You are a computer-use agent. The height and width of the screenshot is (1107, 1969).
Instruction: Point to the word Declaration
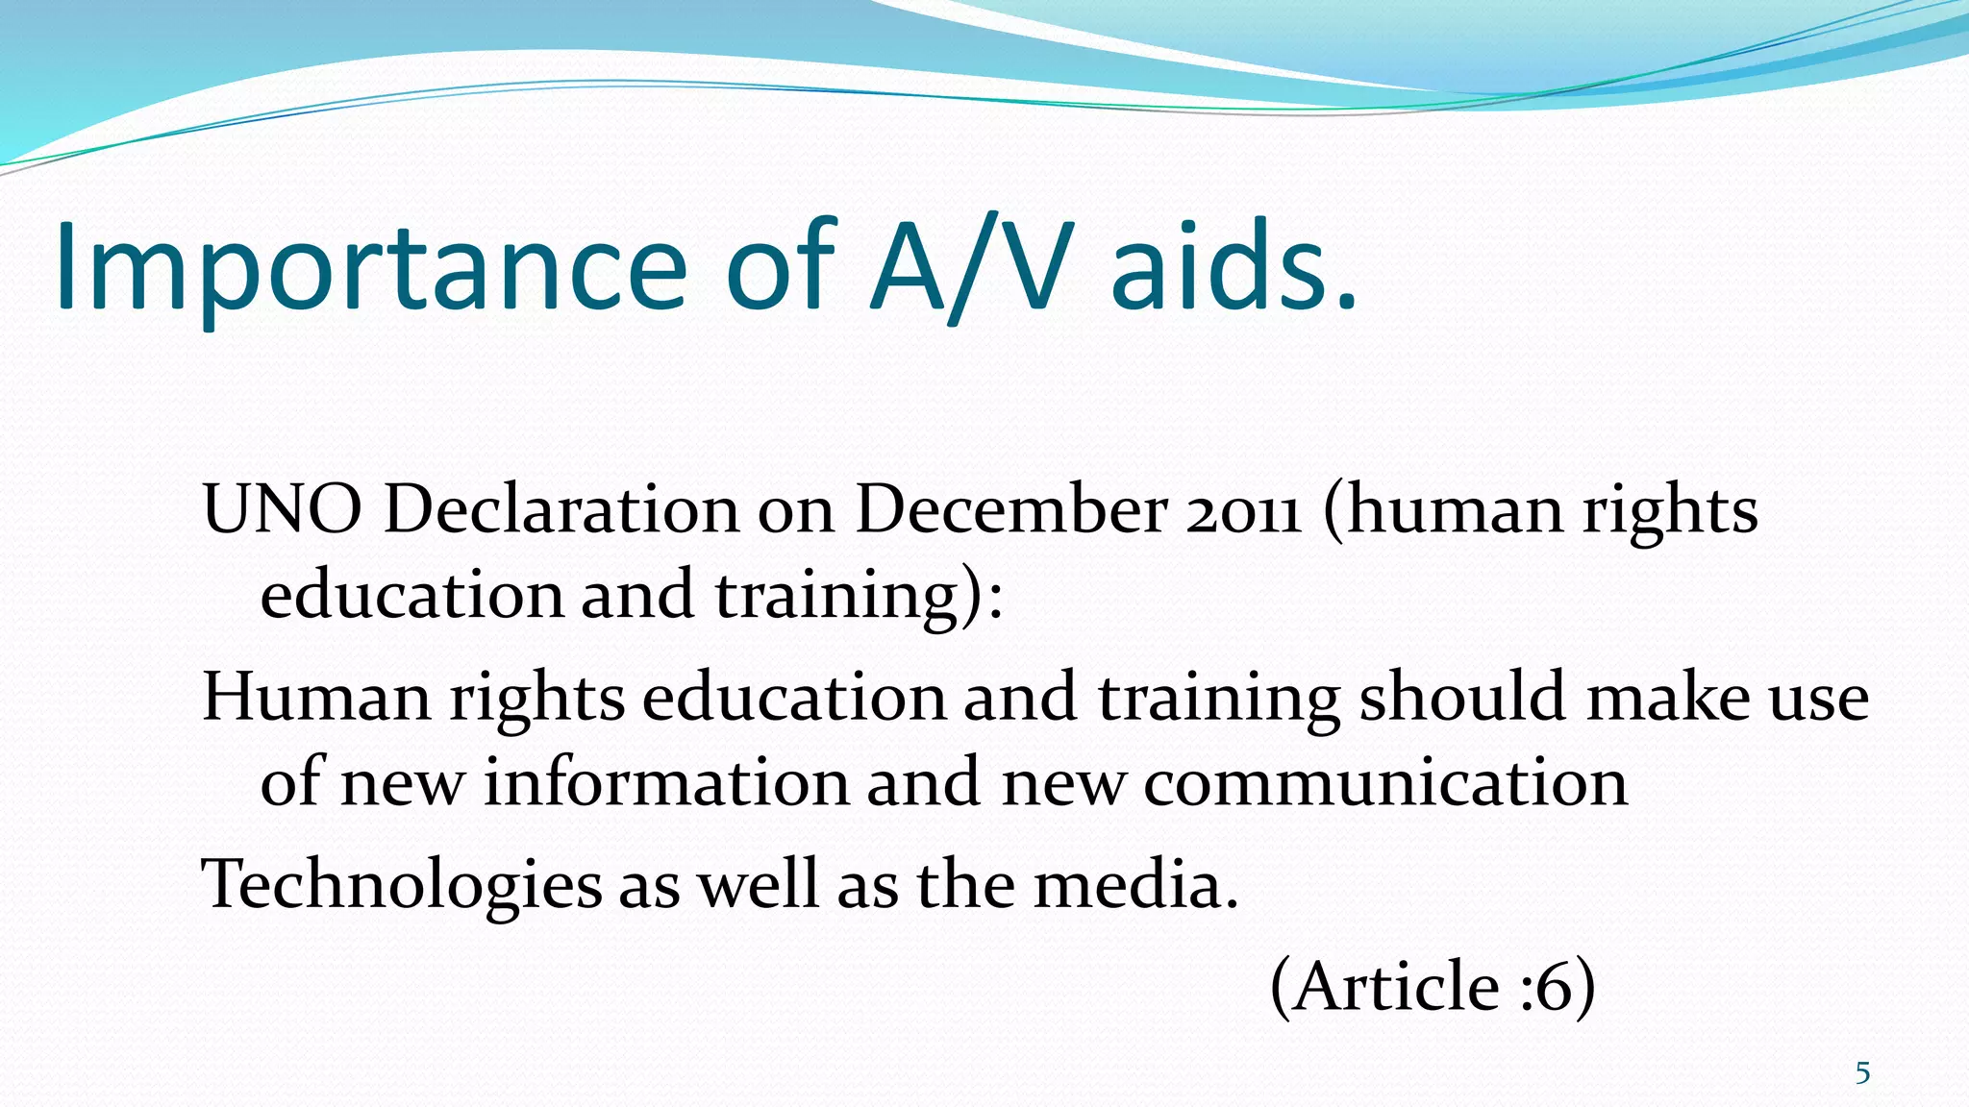(x=561, y=509)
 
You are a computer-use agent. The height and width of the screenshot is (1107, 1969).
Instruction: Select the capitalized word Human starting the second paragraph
(x=316, y=697)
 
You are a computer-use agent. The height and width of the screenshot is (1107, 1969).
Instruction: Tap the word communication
(x=1385, y=781)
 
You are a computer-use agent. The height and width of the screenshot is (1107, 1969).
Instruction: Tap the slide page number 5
(x=1862, y=1072)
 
